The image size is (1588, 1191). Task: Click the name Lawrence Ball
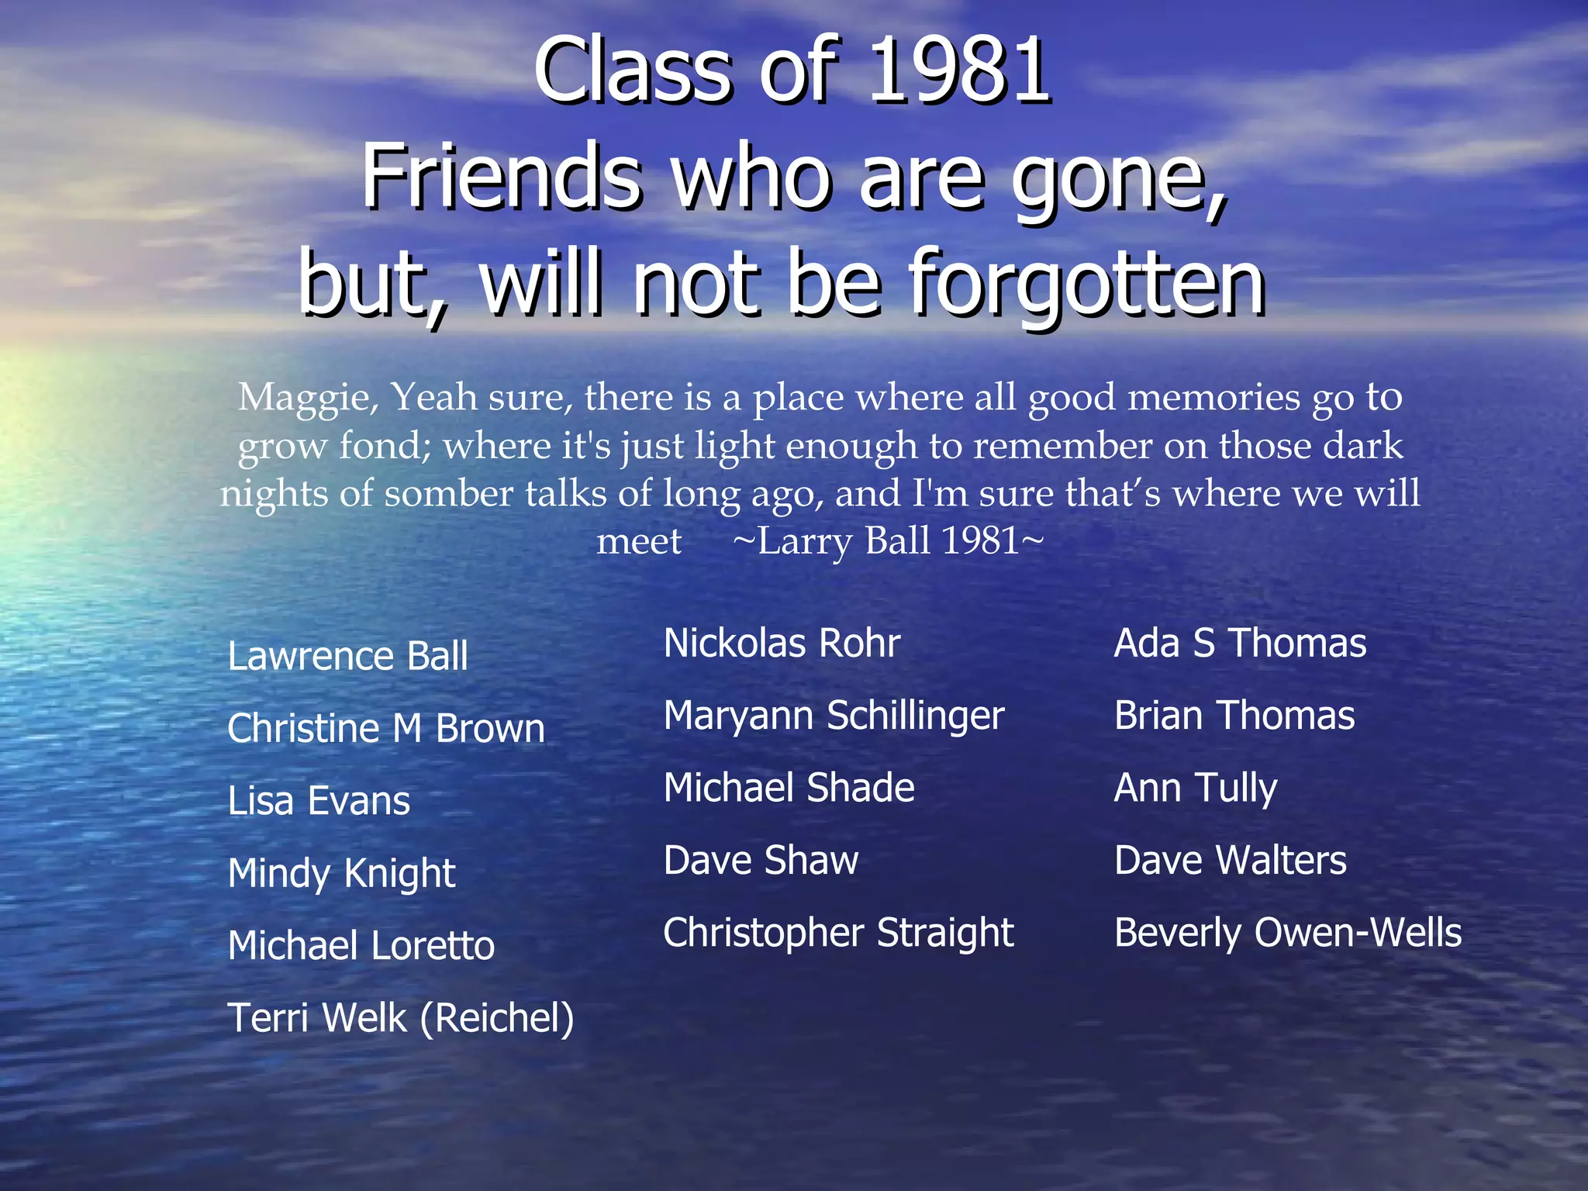tap(347, 656)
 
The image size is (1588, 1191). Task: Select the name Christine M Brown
tap(386, 729)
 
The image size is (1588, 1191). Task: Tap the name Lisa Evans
tap(319, 801)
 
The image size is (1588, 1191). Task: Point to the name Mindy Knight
tap(341, 874)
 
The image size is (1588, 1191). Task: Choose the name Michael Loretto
tap(361, 946)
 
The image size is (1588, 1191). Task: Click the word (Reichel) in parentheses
tap(497, 1018)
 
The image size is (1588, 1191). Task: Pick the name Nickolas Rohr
tap(782, 644)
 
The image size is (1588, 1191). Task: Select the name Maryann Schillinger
tap(834, 716)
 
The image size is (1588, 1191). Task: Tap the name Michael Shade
tap(789, 788)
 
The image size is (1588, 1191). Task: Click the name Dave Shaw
tap(761, 861)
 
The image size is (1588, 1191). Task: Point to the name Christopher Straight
tap(838, 933)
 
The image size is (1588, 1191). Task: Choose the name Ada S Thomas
tap(1240, 644)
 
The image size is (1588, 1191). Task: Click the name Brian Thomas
tap(1234, 716)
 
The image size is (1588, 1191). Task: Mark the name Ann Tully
tap(1195, 789)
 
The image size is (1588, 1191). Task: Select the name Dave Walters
tap(1230, 861)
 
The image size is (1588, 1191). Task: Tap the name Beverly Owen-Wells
tap(1287, 933)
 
